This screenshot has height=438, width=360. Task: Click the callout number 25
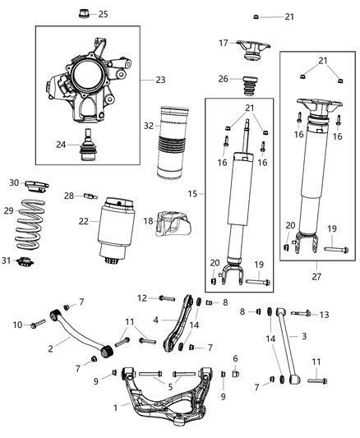[103, 14]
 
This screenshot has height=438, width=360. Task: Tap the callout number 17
[224, 43]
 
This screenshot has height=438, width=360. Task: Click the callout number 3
[304, 335]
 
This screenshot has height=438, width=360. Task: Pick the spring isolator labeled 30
[38, 183]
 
